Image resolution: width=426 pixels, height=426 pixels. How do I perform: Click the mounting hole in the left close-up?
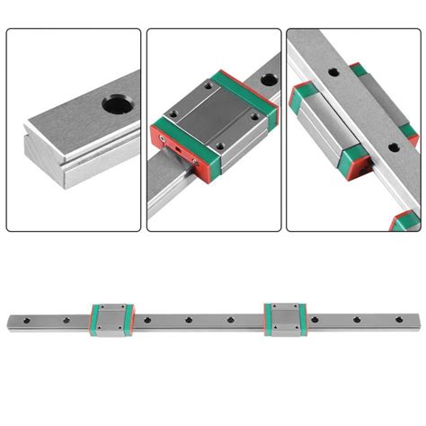point(114,105)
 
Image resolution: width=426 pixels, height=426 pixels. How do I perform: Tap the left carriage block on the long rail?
point(112,318)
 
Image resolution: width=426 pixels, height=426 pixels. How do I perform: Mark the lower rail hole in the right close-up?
point(389,143)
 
